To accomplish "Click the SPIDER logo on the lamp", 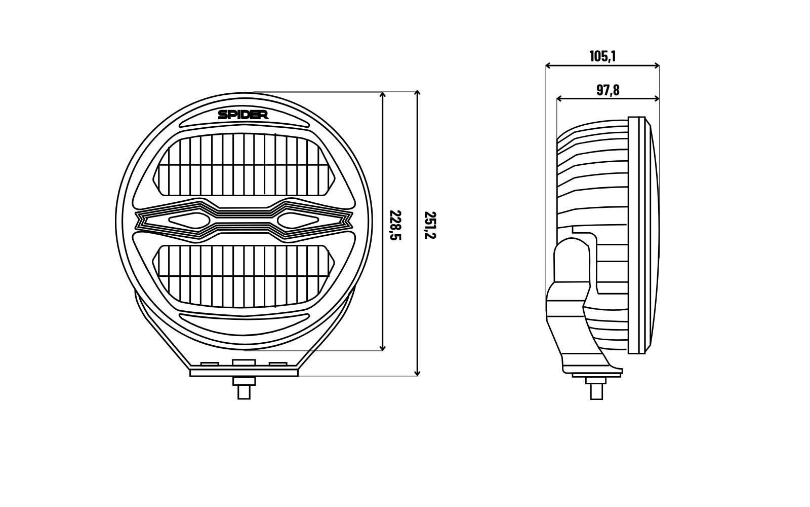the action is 243,115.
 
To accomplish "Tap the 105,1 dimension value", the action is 602,56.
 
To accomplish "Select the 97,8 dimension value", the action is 608,90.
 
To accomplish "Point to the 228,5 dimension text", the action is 395,225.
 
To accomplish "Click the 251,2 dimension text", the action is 430,225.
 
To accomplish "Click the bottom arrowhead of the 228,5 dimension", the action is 383,348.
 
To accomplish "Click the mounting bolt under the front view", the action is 244,388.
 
